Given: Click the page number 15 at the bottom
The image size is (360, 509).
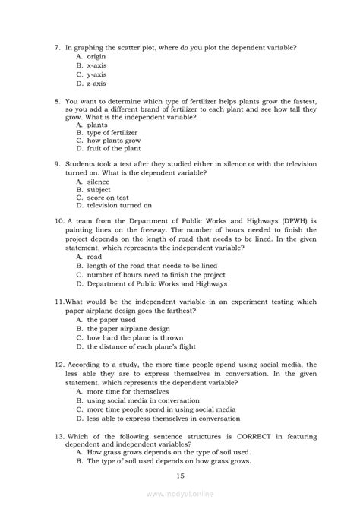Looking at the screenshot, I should [x=180, y=476].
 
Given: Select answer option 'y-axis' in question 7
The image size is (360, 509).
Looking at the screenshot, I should [x=99, y=75].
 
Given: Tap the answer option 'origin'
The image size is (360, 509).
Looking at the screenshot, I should [x=99, y=57].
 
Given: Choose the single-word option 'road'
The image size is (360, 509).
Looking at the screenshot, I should [x=94, y=258].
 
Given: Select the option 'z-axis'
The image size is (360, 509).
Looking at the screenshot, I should [x=99, y=84].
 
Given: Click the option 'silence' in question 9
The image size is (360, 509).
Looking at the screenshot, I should [x=99, y=182].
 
